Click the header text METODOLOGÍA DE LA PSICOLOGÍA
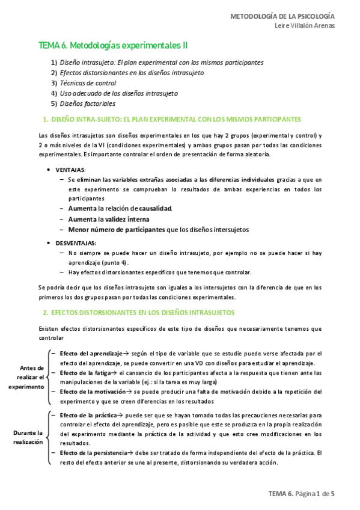click(283, 16)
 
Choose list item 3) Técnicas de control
click(88, 83)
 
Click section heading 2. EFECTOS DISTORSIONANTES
click(138, 313)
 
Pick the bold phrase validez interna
click(131, 219)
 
